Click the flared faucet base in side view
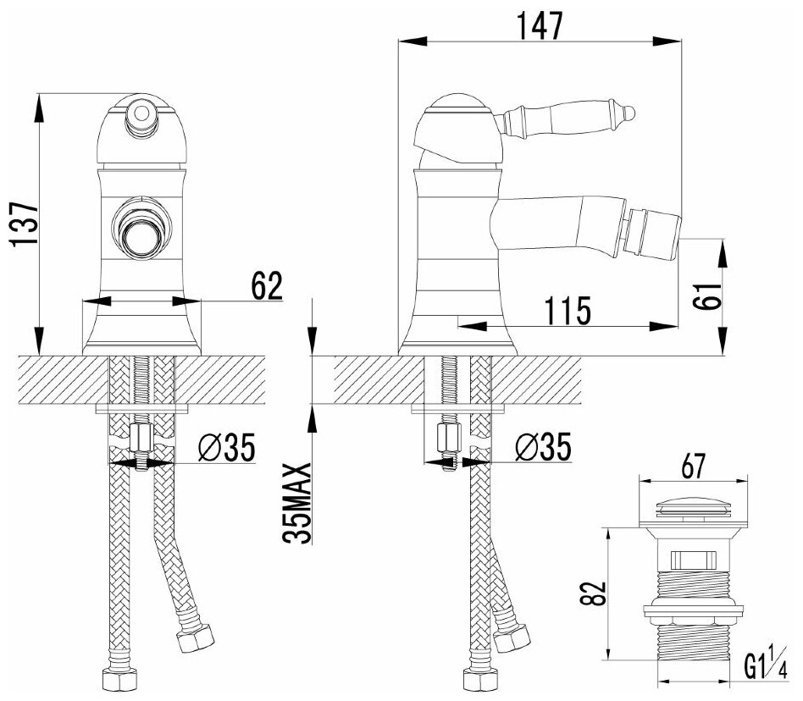(x=458, y=335)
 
